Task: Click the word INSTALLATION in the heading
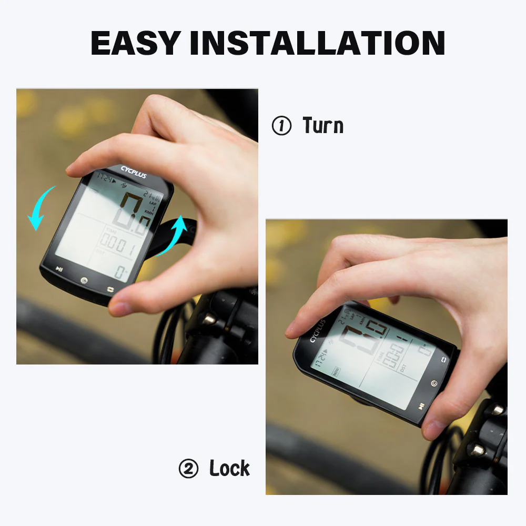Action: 318,44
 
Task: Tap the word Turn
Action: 323,126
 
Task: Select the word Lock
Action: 229,468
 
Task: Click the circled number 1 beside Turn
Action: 281,126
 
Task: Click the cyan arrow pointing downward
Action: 41,208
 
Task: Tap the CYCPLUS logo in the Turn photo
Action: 134,172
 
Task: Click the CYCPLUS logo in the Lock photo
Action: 317,330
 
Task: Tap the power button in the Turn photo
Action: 84,280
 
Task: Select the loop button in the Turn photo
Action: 111,289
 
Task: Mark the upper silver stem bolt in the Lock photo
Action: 495,409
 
